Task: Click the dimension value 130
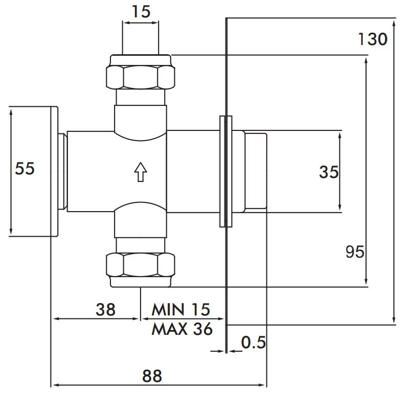pos(373,39)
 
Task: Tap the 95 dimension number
pos(355,252)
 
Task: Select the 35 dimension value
pos(329,172)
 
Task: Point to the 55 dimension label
pos(25,168)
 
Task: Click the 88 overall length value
pos(152,376)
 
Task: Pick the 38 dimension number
pos(105,310)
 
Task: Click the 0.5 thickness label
pos(253,342)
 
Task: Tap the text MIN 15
pos(180,310)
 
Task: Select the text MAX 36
pos(182,329)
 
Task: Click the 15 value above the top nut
pos(141,12)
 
